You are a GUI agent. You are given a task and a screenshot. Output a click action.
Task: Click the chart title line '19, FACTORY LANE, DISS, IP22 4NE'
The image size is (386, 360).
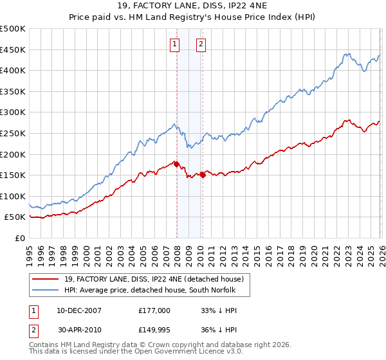(x=193, y=7)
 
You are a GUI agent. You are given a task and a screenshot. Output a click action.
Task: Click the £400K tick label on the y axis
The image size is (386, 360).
(x=13, y=71)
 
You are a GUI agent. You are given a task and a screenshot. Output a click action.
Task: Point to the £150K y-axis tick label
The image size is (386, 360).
(x=13, y=175)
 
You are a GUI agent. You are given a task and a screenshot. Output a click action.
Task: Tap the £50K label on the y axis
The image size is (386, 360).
(x=15, y=217)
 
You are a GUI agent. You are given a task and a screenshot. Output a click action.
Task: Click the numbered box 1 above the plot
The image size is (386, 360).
(x=175, y=44)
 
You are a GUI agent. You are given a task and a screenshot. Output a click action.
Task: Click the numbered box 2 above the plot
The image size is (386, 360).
(x=201, y=44)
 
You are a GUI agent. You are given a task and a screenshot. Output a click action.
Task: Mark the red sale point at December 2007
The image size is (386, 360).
(x=176, y=164)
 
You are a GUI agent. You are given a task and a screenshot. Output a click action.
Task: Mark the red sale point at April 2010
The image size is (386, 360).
(x=203, y=175)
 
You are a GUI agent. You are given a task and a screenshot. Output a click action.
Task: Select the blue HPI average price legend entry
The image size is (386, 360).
(x=151, y=290)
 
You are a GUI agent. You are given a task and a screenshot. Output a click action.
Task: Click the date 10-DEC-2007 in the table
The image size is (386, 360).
(x=78, y=310)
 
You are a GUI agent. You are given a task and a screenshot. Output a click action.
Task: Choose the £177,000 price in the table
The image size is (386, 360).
(x=154, y=310)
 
